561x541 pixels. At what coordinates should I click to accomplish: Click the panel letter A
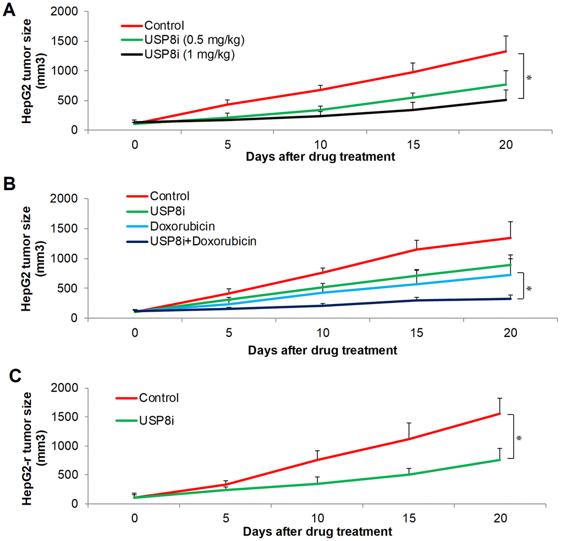9,11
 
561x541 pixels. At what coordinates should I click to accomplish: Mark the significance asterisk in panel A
529,78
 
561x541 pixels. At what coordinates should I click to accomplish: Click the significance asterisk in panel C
519,439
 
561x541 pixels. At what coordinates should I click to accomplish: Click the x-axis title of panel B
322,350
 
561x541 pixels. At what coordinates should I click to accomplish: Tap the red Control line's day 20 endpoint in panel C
499,413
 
